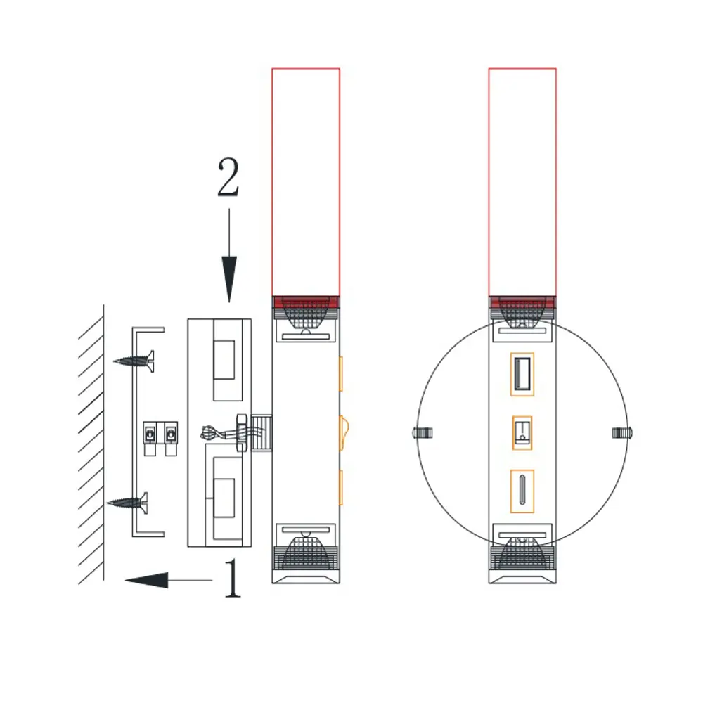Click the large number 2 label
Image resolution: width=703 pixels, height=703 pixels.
[228, 176]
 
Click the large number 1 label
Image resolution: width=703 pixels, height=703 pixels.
[233, 578]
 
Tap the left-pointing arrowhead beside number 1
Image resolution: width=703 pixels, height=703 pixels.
[147, 580]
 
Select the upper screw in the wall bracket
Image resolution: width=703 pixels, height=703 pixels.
[134, 361]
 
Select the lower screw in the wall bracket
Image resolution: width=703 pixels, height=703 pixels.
[127, 503]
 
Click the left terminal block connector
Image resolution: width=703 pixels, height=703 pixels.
[150, 438]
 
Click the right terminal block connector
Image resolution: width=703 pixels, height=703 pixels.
[171, 438]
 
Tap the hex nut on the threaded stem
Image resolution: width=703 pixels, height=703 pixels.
[242, 432]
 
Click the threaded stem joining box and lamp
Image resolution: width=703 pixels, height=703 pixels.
[261, 432]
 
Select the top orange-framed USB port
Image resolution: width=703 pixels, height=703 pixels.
[522, 375]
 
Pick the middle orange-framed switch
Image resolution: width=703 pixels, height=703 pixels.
[522, 432]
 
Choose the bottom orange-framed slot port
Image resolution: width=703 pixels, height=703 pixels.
[522, 491]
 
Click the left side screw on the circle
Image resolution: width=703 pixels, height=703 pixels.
[422, 432]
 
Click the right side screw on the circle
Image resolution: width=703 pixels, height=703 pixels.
[622, 432]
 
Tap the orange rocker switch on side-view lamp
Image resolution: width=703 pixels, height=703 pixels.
[344, 432]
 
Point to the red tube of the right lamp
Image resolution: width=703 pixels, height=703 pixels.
[522, 183]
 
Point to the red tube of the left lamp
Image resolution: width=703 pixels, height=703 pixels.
[306, 183]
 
